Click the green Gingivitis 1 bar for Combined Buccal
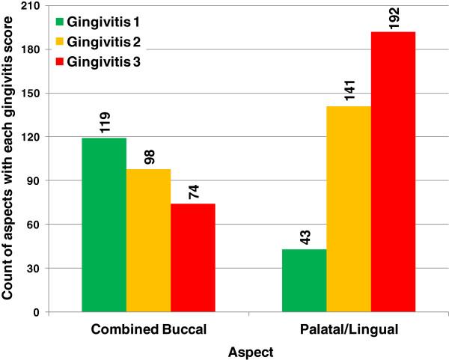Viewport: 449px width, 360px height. (x=104, y=225)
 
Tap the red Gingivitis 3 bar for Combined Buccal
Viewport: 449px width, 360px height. (x=192, y=257)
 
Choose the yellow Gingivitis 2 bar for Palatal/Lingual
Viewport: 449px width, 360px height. (x=349, y=209)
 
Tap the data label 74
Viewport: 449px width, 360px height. (x=193, y=191)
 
